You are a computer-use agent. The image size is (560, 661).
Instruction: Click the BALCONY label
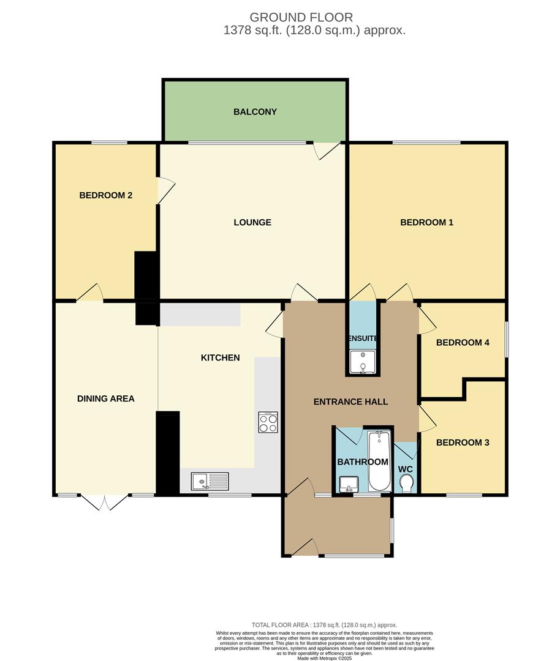point(255,112)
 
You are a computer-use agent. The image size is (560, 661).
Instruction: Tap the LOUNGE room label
point(252,222)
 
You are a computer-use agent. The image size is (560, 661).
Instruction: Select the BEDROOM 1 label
point(426,222)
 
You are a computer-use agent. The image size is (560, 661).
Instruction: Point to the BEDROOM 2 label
point(106,195)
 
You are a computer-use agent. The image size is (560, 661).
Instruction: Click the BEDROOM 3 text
point(463,442)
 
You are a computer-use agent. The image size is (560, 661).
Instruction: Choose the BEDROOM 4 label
point(463,342)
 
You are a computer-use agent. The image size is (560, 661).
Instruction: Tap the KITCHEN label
point(221,357)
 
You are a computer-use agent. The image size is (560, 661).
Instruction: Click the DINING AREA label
point(106,398)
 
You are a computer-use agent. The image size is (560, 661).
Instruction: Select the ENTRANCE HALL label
point(350,401)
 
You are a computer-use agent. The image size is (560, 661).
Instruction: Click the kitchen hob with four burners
point(268,422)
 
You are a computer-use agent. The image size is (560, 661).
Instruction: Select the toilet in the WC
point(406,484)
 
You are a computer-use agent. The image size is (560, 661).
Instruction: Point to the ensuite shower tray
point(363,362)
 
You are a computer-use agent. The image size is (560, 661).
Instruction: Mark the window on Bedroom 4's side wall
point(506,339)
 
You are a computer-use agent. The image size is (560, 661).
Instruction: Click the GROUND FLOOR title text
point(301,17)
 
